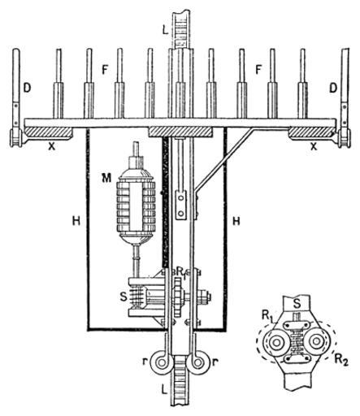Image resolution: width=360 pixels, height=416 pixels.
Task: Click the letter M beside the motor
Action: click(x=106, y=178)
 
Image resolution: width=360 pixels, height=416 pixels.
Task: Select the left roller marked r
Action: click(x=161, y=362)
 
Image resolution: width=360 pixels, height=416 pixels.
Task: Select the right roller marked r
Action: click(x=199, y=362)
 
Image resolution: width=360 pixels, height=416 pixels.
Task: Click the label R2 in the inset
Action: click(x=341, y=359)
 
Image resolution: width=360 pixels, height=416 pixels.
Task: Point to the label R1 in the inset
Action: click(x=267, y=316)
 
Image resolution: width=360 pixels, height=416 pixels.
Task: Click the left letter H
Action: click(x=76, y=222)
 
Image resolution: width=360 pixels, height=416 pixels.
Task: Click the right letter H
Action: click(x=236, y=222)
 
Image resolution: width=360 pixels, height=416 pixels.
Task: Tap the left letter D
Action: click(x=27, y=89)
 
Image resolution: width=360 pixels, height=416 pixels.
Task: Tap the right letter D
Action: click(x=333, y=89)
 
